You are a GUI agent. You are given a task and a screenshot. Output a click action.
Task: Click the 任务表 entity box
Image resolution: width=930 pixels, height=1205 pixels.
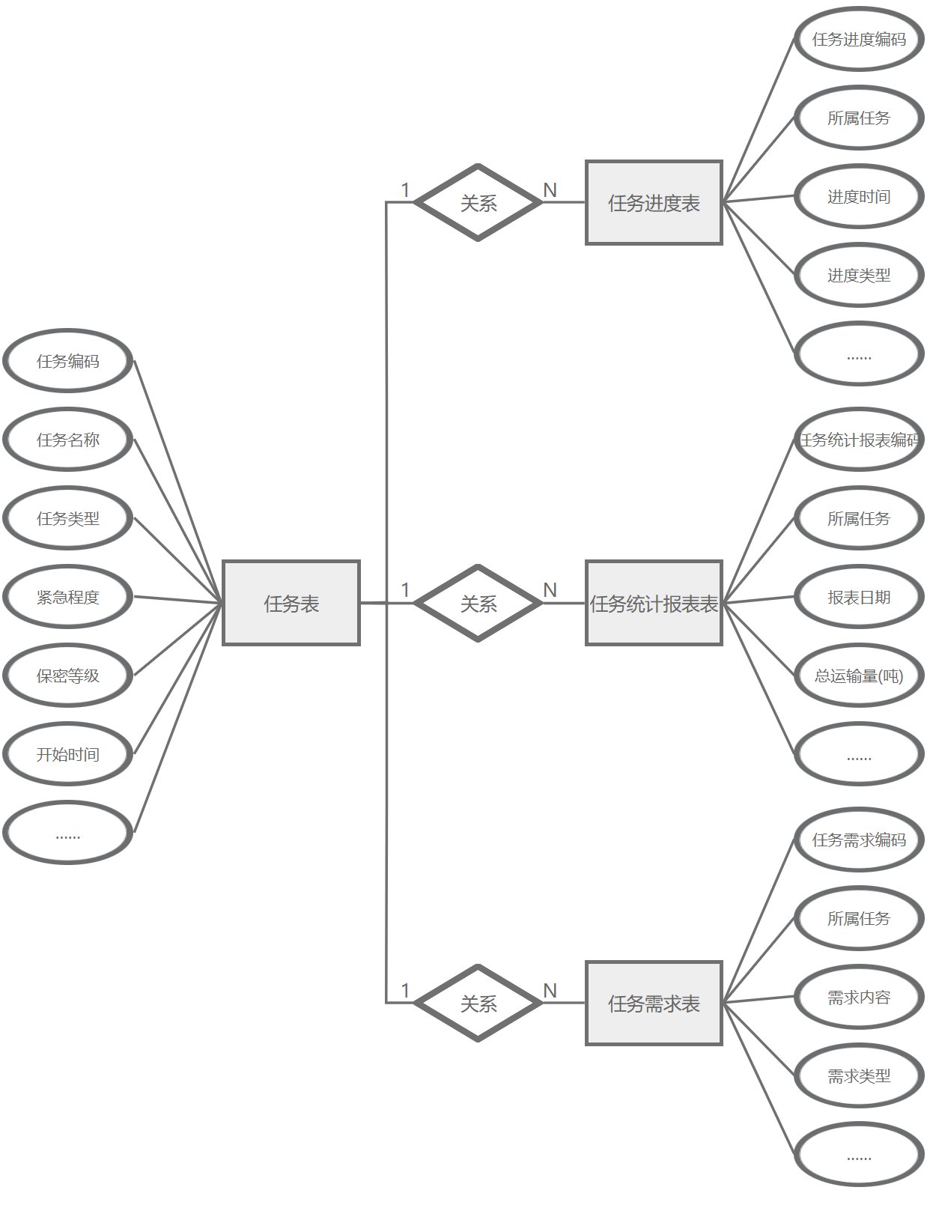[x=291, y=603]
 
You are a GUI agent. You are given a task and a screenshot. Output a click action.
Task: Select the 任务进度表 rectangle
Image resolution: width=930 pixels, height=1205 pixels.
[x=654, y=202]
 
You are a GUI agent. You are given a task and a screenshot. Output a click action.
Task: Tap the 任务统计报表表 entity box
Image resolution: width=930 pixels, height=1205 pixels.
[x=654, y=603]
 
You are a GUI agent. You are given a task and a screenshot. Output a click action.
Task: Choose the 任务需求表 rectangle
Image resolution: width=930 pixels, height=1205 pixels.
[x=654, y=1003]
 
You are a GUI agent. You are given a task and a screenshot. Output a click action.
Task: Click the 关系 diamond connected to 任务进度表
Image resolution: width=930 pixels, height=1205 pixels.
[x=478, y=202]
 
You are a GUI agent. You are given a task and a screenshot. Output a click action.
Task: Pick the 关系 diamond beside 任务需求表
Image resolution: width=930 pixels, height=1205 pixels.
[x=478, y=1003]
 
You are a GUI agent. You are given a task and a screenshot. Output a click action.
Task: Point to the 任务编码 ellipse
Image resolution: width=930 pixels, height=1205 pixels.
[x=68, y=361]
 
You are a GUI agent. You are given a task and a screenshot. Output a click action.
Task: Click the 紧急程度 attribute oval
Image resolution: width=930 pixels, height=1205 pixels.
[x=68, y=597]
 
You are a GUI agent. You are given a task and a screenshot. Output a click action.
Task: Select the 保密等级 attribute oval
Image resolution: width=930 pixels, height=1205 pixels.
[x=68, y=676]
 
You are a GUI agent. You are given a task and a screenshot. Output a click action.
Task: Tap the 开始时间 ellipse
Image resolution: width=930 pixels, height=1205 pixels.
[x=68, y=754]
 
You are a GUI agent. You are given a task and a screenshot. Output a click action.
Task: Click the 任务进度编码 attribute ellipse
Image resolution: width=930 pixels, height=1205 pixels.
[x=859, y=39]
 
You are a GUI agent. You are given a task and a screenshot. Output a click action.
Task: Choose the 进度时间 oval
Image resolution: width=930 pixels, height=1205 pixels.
[x=859, y=197]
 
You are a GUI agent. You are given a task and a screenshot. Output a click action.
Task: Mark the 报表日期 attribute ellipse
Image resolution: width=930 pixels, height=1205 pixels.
[x=859, y=597]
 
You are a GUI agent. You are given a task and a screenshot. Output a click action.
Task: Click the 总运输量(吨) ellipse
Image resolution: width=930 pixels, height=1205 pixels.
[x=859, y=676]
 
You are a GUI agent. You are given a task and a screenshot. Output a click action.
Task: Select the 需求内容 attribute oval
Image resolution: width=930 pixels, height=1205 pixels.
[x=859, y=998]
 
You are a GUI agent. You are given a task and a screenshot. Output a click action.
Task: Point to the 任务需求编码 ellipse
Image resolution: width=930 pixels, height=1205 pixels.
[x=859, y=840]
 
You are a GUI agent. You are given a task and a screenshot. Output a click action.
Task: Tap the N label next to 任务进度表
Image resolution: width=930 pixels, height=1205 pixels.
[x=550, y=190]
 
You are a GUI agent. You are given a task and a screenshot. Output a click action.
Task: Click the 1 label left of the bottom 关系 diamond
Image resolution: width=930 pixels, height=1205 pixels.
[x=405, y=991]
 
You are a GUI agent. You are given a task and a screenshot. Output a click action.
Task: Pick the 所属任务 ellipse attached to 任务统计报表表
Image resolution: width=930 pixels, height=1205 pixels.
[x=859, y=518]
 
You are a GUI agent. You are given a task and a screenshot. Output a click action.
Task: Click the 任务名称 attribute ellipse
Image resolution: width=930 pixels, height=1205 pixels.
[x=68, y=440]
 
